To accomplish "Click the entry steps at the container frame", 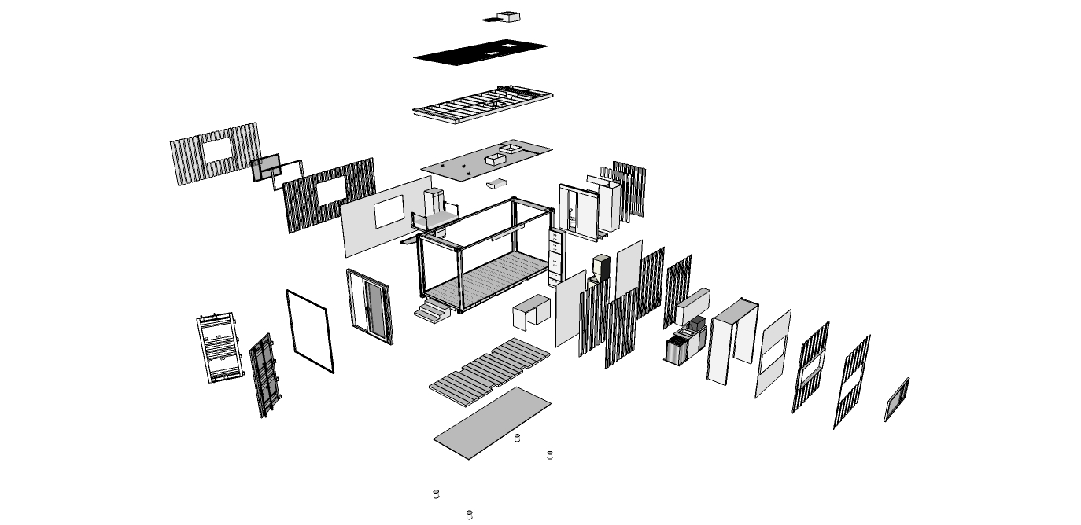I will point(432,311).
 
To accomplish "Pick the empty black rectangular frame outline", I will point(309,330).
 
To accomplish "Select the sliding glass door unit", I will point(370,306).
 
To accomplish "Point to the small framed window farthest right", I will point(896,399).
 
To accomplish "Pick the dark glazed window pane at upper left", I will point(267,167).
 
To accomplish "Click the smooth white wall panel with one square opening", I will point(386,215).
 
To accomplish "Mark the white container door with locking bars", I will point(217,349).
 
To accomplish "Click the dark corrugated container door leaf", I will point(264,374).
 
